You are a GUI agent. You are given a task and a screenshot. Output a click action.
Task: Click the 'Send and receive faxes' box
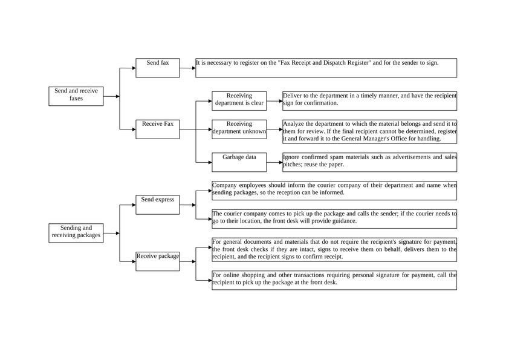76,96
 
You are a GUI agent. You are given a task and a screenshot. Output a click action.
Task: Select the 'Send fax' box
157,68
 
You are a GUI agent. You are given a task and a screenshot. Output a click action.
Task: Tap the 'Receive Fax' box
157,129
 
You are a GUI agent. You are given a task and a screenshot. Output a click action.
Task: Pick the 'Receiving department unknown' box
239,129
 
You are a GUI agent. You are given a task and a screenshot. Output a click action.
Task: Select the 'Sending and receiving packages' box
76,233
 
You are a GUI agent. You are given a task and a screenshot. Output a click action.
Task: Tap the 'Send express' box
157,205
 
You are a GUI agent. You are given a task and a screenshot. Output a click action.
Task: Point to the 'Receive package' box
157,261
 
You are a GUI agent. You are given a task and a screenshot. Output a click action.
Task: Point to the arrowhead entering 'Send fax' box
134,68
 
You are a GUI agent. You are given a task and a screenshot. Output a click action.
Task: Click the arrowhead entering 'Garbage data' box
210,162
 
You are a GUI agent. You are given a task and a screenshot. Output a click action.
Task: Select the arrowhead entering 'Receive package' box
134,261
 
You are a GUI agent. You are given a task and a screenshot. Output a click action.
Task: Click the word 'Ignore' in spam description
292,157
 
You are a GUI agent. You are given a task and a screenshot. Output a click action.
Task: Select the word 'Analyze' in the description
294,124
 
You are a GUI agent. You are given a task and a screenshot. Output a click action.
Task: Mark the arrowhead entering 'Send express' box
134,205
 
